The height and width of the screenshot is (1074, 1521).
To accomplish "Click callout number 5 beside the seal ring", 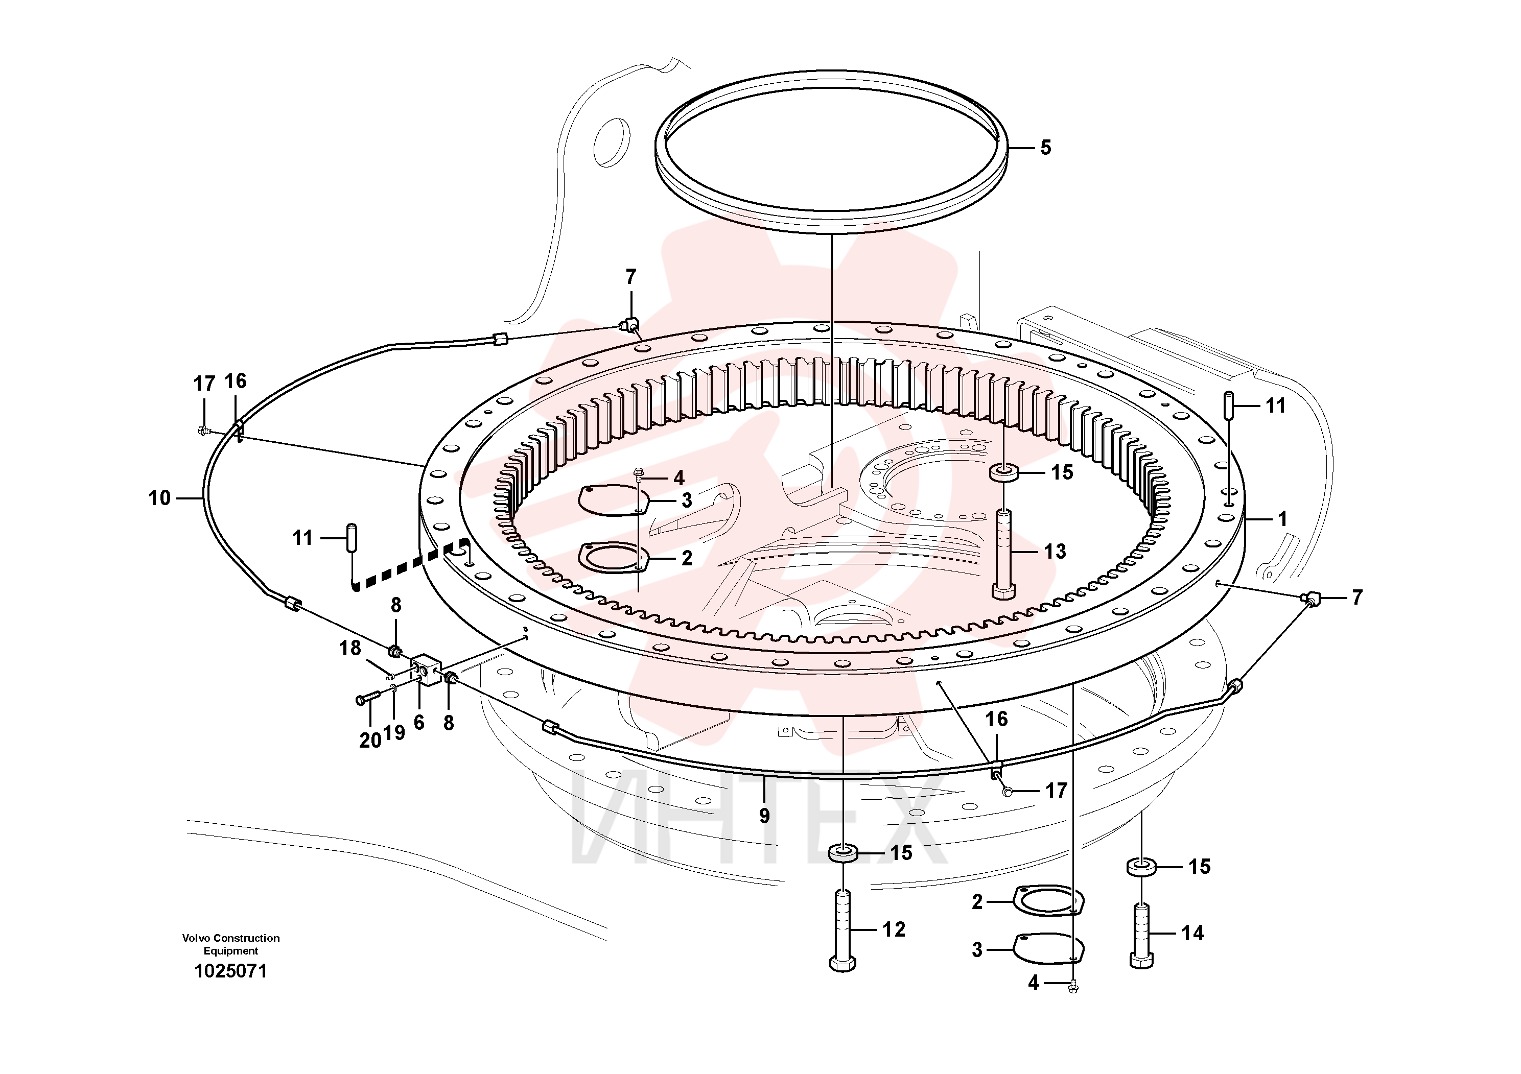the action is pos(1045,148).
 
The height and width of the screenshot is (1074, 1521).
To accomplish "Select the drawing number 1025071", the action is pos(230,971).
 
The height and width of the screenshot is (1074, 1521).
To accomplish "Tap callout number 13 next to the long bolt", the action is pos(1055,551).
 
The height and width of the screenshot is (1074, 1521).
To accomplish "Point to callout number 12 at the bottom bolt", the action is pos(894,929).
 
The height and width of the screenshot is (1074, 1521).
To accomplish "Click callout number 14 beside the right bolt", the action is pos(1192,933).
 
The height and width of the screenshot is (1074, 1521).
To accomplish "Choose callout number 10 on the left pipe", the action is pos(159,498).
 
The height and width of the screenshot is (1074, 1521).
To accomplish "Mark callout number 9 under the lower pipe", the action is pos(764,816).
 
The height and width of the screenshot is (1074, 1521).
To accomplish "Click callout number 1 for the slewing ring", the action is pos(1282,519).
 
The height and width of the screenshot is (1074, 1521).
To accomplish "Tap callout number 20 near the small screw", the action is pos(370,741).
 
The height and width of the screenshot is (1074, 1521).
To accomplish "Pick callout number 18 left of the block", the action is pos(350,648).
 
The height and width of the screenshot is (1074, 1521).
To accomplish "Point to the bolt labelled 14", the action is pos(1141,936).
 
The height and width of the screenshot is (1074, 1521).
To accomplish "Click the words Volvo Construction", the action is pos(230,938).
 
